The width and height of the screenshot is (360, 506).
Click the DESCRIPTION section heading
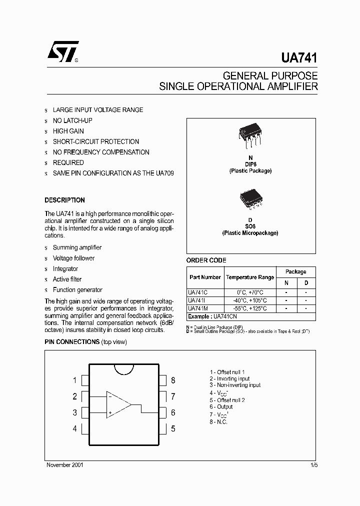coord(64,200)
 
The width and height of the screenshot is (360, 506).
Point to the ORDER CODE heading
coord(206,260)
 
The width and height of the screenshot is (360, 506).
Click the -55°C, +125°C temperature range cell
coord(249,308)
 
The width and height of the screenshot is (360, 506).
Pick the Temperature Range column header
coord(249,277)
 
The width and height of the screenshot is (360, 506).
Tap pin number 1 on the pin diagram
coord(75,380)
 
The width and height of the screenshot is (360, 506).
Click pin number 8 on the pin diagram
coord(173,380)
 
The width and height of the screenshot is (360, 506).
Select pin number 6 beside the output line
coord(173,413)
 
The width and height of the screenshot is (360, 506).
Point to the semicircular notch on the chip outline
coord(124,369)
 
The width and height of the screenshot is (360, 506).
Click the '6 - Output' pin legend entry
coord(221,407)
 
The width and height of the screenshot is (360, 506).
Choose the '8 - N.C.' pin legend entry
coord(218,422)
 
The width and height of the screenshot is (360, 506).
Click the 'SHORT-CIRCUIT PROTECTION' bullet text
coord(96,141)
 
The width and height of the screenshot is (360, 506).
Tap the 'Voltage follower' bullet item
coord(73,258)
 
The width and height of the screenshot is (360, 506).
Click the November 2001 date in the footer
coord(65,465)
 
